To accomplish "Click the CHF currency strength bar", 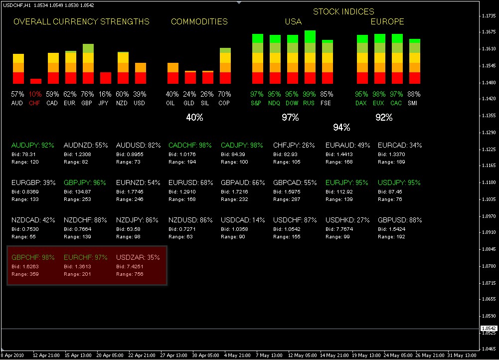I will point(36,81).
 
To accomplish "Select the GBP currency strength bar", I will point(88,64).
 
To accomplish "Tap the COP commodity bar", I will point(225,66).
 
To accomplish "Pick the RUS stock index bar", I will point(310,57).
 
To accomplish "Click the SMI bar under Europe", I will point(415,61).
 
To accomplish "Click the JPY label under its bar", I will point(105,103).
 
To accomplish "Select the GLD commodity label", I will point(189,103).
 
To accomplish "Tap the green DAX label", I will point(361,103).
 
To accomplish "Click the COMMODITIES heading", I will point(199,21).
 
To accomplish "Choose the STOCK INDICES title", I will point(343,11).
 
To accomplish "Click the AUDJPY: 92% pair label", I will point(32,145).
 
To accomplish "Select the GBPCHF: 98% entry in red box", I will point(32,257).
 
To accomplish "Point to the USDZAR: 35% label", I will point(138,257).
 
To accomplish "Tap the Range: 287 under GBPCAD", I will point(288,199).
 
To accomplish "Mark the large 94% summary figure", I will point(341,127).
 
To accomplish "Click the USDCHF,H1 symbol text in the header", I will point(16,4).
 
